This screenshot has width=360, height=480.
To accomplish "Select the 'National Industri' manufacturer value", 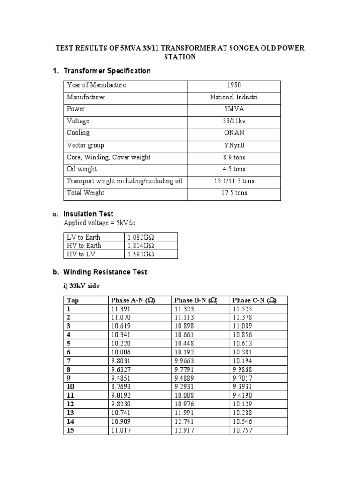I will pyautogui.click(x=234, y=97).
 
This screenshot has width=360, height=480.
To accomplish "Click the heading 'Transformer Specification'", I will pyautogui.click(x=107, y=71).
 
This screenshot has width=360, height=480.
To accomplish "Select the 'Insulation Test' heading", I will pyautogui.click(x=88, y=214).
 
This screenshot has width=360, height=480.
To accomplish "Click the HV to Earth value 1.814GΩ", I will pyautogui.click(x=141, y=246).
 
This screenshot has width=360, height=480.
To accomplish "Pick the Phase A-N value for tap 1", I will pyautogui.click(x=120, y=309).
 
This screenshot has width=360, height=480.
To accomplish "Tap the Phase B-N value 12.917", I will pyautogui.click(x=184, y=429).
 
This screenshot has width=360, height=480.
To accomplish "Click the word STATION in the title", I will pyautogui.click(x=180, y=57).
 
